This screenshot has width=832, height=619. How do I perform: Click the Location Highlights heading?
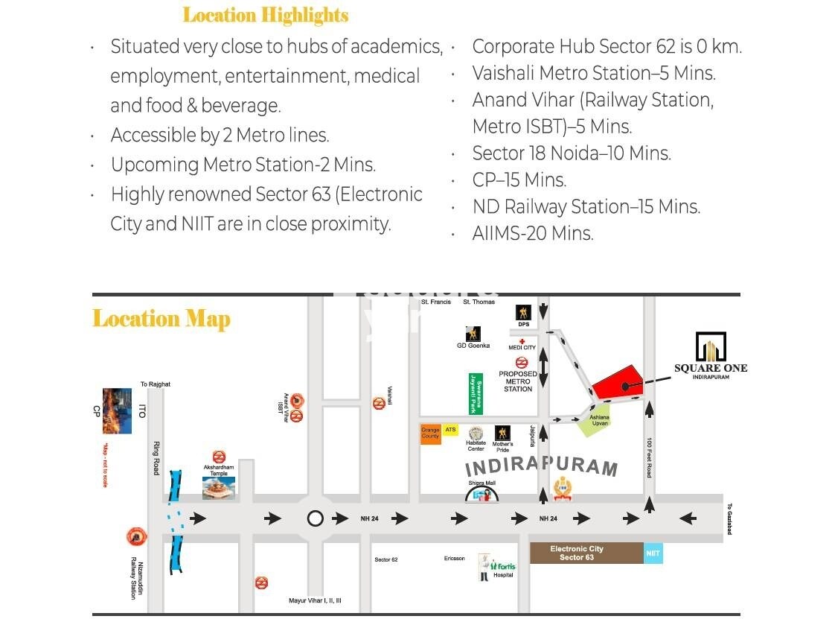[266, 15]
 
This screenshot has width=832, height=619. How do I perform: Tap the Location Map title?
[161, 319]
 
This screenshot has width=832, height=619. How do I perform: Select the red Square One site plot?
[618, 386]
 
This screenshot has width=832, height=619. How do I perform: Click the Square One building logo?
[710, 346]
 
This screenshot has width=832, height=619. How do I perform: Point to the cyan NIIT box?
[653, 553]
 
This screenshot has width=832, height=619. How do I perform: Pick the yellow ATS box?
[450, 430]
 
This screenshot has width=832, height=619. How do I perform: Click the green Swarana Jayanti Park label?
[475, 393]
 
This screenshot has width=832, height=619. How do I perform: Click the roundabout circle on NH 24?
[316, 518]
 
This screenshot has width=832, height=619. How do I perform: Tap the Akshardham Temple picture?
[219, 487]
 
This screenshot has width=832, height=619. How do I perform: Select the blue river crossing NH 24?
[176, 521]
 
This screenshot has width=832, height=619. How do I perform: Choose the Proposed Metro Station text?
[518, 381]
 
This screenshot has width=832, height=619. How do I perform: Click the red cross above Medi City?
[522, 342]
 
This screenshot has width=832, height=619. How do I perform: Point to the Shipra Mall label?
[481, 483]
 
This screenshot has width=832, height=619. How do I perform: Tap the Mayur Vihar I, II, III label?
[315, 600]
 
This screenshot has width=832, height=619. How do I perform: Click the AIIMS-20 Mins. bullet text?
[533, 233]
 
